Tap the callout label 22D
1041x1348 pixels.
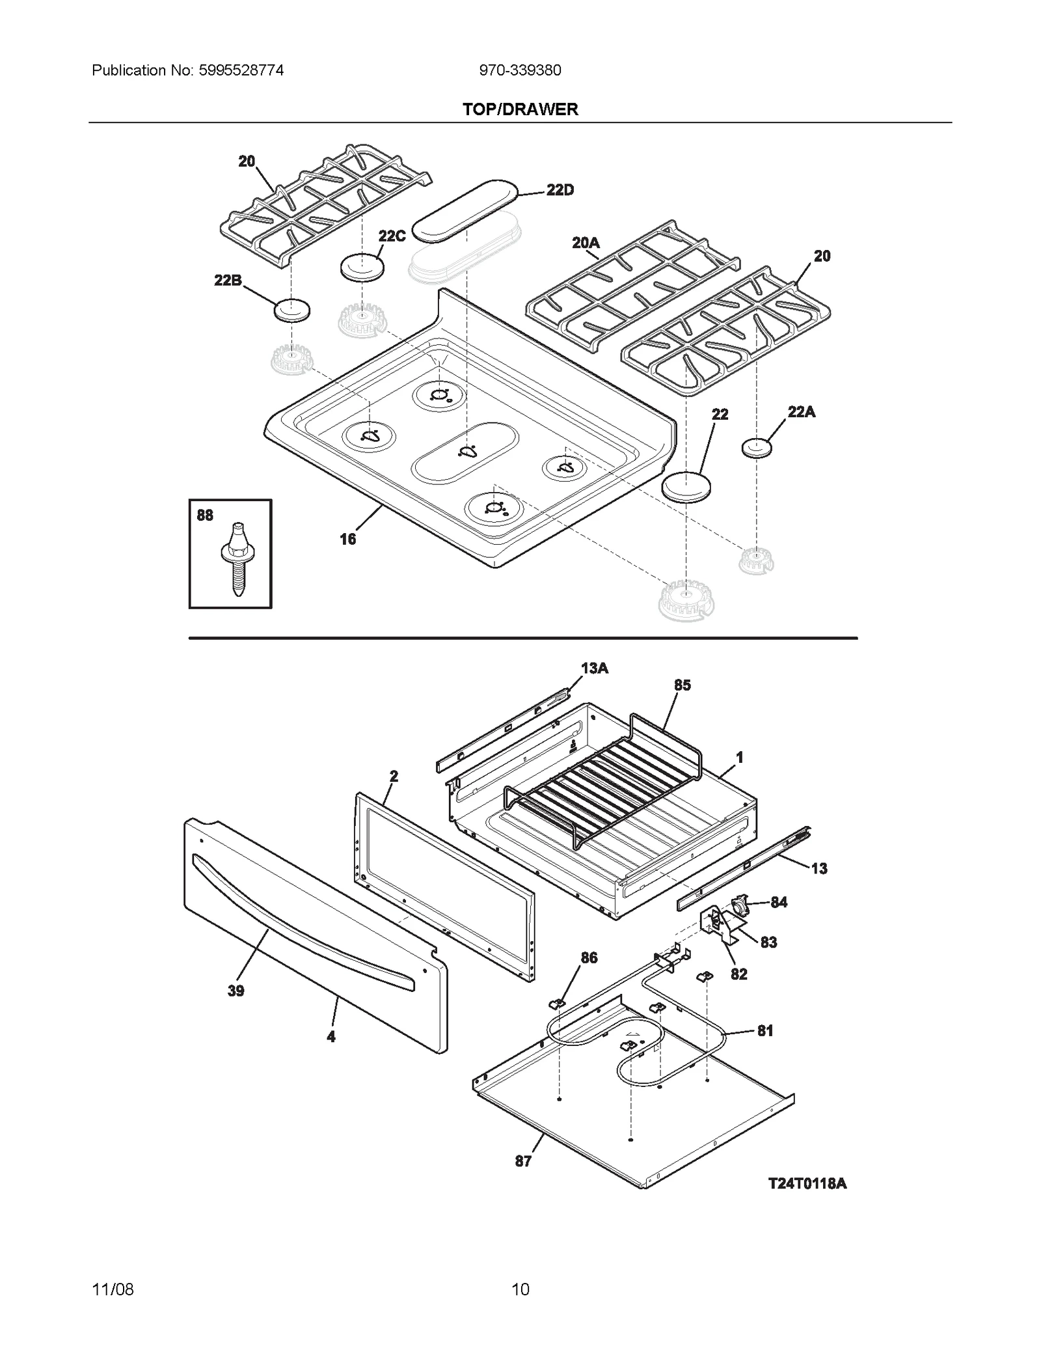560,190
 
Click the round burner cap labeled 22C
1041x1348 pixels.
362,268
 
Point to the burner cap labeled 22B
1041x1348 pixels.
291,310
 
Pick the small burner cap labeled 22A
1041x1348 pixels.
756,448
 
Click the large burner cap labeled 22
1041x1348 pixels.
686,486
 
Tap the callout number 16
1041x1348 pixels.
348,539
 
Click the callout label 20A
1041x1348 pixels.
586,243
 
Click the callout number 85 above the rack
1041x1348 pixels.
682,685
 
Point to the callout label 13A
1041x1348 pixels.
594,668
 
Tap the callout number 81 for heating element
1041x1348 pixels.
765,1030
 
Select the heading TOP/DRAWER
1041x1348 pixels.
520,109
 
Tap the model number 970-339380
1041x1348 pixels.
520,70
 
